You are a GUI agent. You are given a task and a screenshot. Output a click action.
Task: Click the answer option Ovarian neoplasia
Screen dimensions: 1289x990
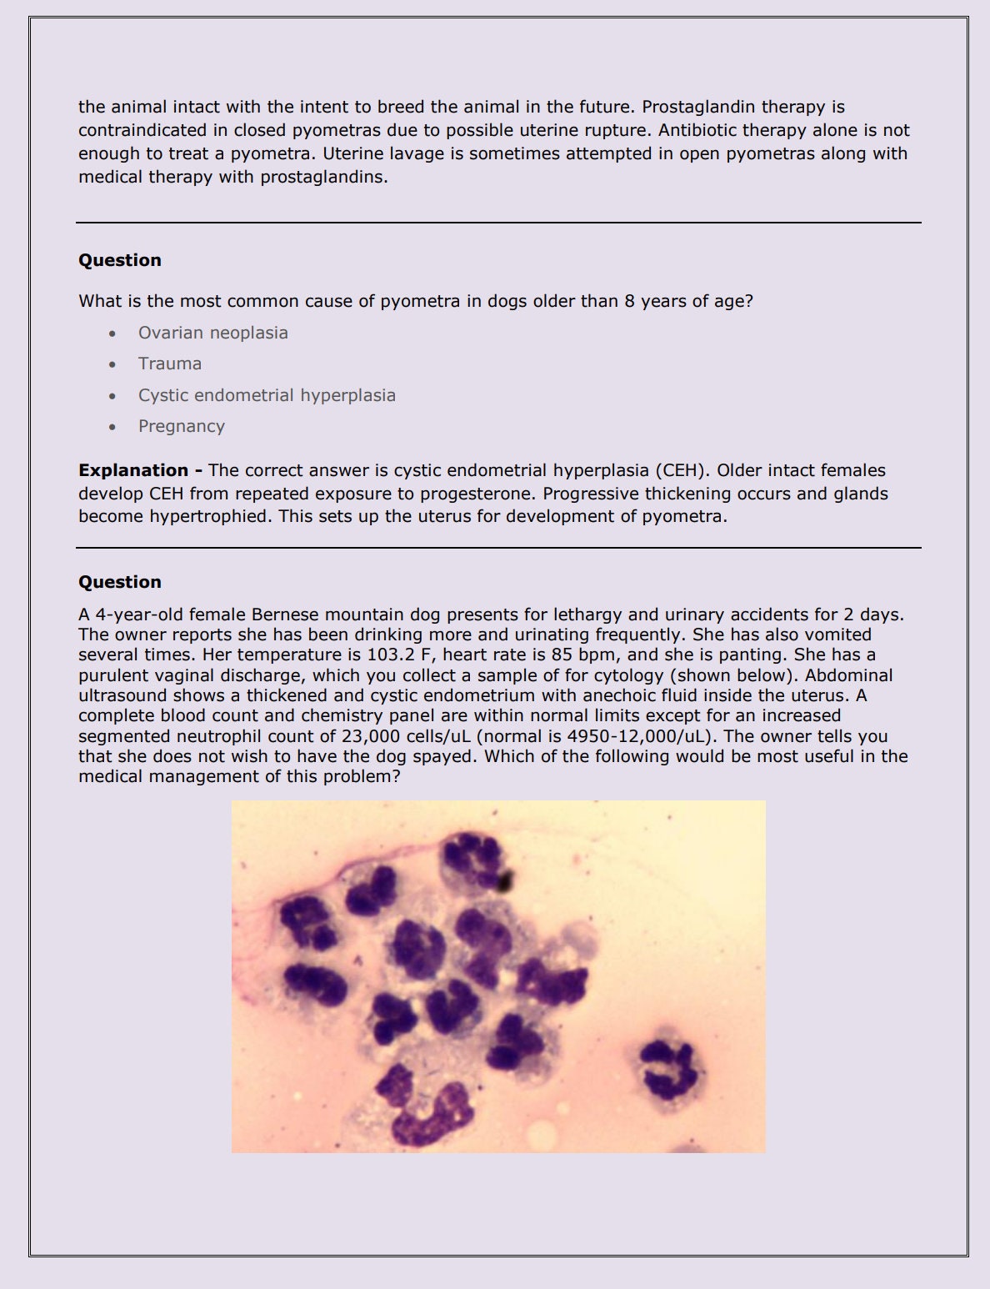coord(212,333)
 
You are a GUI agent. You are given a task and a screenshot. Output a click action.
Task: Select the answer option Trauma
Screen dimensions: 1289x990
coord(170,364)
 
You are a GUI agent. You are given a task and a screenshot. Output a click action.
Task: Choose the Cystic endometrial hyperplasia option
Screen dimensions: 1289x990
coord(267,395)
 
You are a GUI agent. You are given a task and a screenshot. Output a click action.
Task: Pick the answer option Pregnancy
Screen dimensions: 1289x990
coord(182,426)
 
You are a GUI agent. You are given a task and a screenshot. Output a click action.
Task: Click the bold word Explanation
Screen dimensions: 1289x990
coord(133,470)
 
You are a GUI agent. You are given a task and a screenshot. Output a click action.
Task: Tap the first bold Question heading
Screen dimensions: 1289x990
coord(120,260)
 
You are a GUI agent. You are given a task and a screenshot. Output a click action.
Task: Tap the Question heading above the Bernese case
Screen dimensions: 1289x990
coord(120,582)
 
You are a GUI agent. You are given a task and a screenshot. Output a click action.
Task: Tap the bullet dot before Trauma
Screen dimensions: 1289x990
coord(112,364)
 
